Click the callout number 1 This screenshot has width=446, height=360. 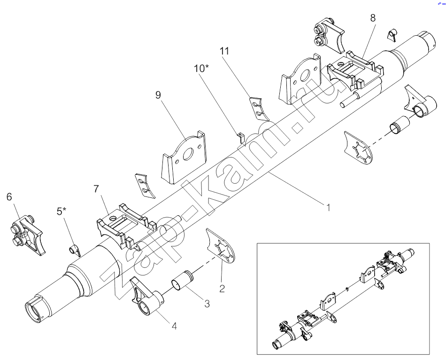click(x=329, y=207)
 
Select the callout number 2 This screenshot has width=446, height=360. click(x=222, y=288)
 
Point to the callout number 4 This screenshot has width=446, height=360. click(x=174, y=325)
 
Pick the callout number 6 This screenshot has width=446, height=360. click(x=9, y=197)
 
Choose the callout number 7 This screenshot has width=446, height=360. click(x=96, y=189)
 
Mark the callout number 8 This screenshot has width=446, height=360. click(x=373, y=18)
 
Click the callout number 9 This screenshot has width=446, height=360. click(x=158, y=95)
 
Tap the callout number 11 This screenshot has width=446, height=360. click(x=225, y=51)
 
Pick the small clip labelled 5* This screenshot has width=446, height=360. click(x=74, y=249)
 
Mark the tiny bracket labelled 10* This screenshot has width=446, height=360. click(x=240, y=137)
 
